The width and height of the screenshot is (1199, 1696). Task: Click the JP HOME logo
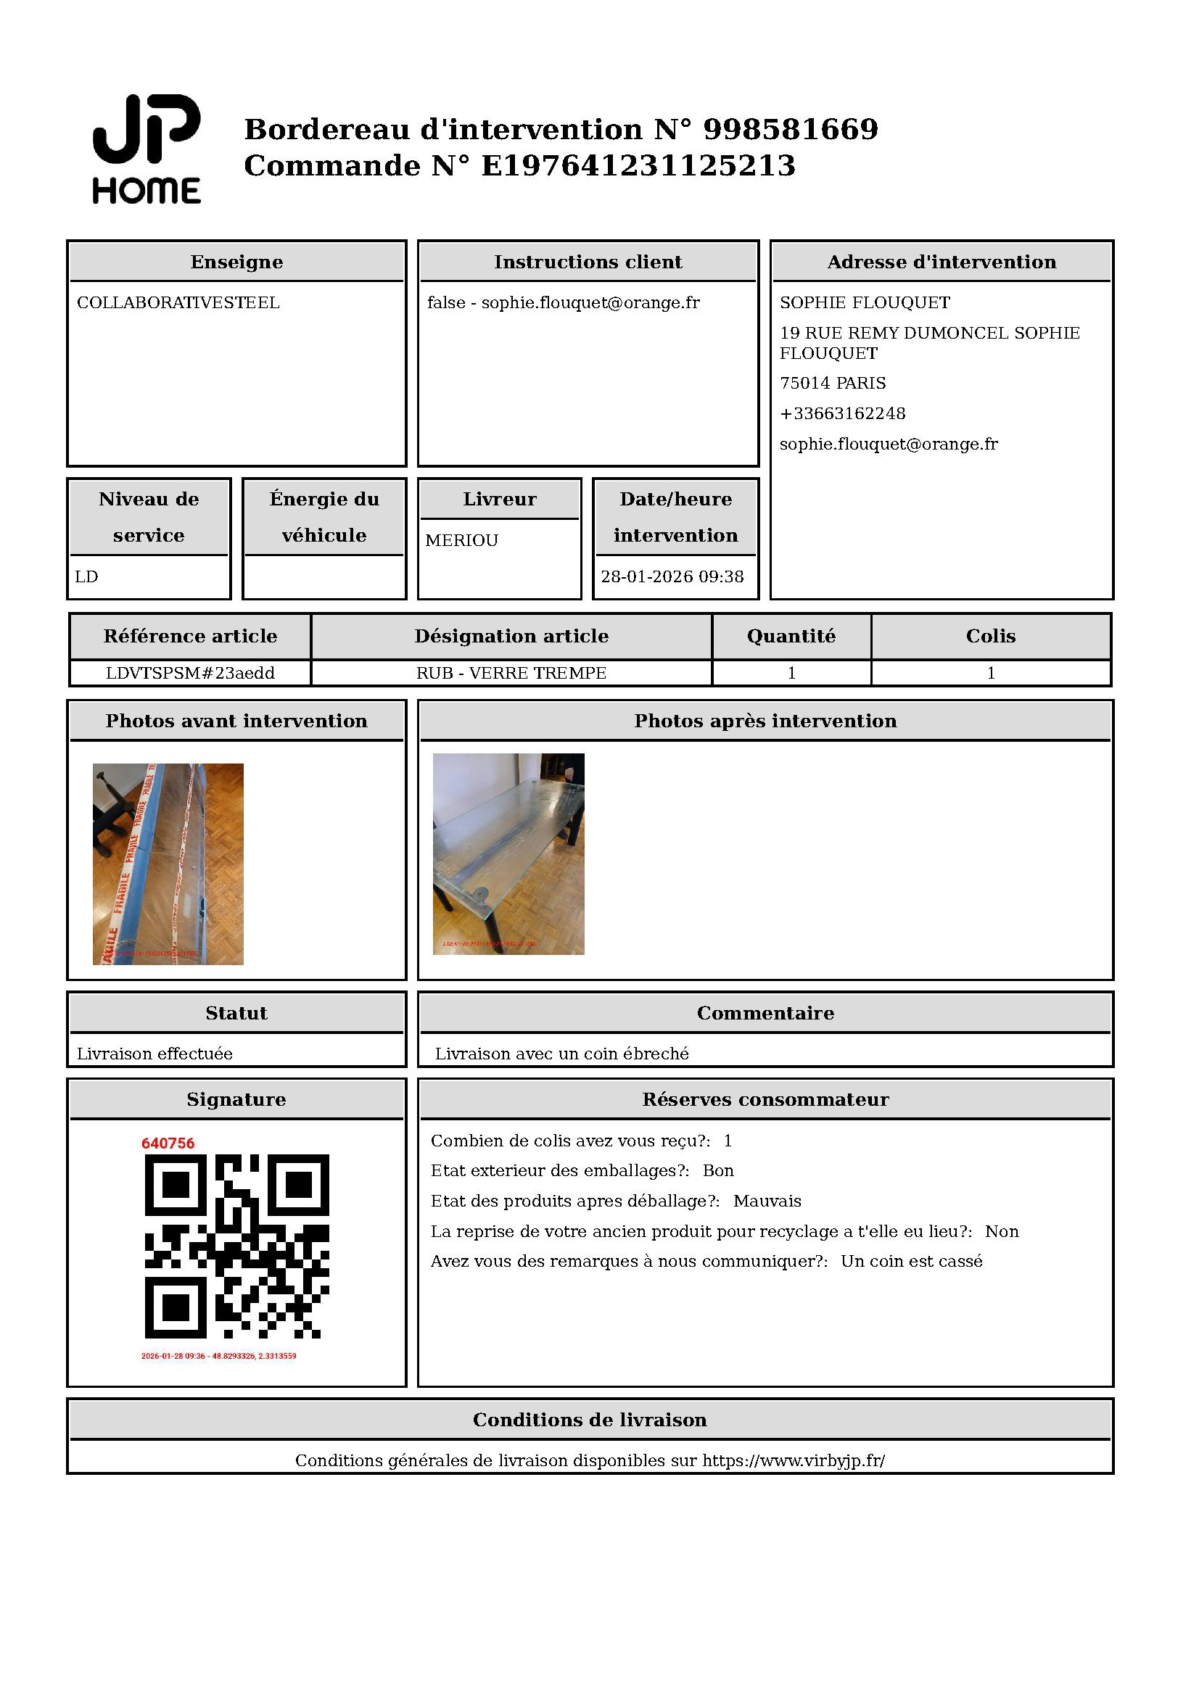147,149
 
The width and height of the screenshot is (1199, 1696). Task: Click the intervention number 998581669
790,129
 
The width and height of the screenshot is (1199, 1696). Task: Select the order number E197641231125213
638,165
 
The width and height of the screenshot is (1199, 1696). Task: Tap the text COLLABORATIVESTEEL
178,303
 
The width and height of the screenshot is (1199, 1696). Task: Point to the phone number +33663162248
842,413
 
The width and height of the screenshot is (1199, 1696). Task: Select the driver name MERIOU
462,541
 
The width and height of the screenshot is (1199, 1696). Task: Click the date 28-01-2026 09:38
672,577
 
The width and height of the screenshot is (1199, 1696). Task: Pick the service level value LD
86,577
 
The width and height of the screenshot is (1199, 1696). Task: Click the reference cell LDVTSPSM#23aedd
190,673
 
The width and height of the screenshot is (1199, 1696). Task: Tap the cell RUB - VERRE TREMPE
511,673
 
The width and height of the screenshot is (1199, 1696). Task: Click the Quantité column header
791,636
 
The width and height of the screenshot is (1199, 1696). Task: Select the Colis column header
991,636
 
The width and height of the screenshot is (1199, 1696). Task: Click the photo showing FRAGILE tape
168,864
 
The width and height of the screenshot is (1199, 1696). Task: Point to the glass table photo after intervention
508,854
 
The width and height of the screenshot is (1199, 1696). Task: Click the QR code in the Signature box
236,1246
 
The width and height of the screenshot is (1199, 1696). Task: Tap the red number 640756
168,1143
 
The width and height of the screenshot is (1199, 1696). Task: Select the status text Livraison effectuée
154,1054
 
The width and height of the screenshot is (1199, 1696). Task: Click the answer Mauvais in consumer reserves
767,1201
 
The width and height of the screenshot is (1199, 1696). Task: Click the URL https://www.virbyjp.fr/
793,1460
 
